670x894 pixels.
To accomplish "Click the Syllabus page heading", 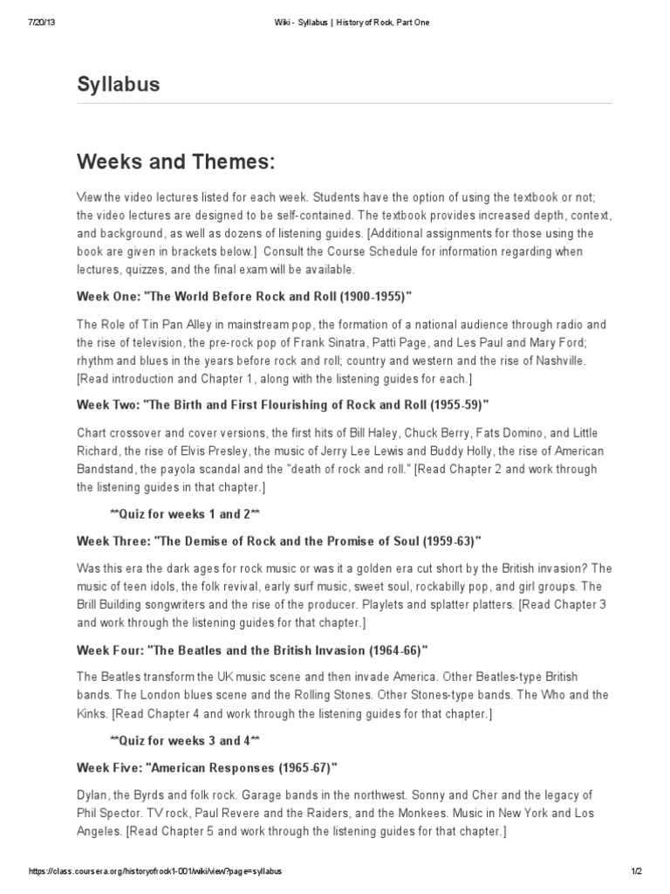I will pos(119,85).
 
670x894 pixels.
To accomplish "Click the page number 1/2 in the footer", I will pos(637,872).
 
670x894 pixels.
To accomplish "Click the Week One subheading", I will pos(243,296).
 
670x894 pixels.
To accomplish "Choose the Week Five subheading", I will pos(207,767).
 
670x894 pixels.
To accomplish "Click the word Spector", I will pos(117,813).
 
